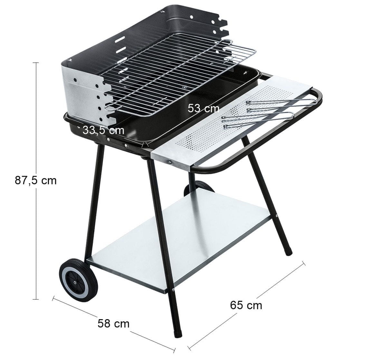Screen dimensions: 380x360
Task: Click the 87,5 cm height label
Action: (x=36, y=180)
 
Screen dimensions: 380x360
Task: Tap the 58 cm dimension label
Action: (x=113, y=323)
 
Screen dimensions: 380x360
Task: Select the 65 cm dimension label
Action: (x=246, y=305)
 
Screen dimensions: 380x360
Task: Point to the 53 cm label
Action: (x=204, y=108)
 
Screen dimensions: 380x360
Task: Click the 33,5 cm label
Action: (x=103, y=130)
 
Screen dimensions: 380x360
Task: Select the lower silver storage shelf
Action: (x=179, y=240)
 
